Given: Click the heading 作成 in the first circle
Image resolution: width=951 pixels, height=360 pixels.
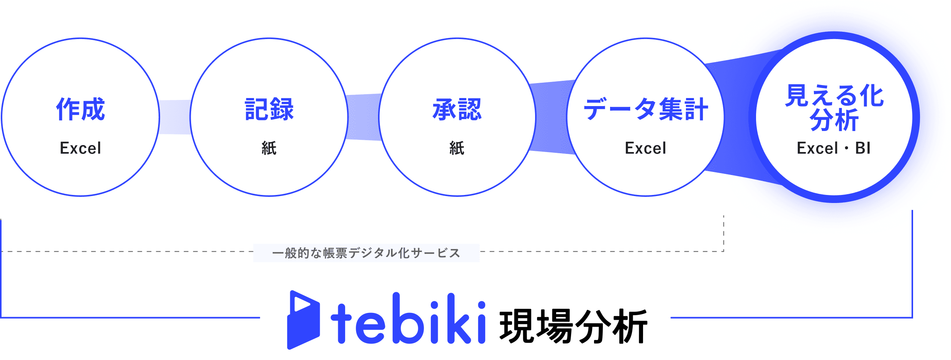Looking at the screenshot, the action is pyautogui.click(x=80, y=109).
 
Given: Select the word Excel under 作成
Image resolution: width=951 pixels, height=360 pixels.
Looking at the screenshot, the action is pyautogui.click(x=80, y=148).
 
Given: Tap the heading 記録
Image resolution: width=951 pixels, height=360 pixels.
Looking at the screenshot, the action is pyautogui.click(x=269, y=109).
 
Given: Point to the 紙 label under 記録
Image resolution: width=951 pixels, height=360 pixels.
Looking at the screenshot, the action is pyautogui.click(x=269, y=148).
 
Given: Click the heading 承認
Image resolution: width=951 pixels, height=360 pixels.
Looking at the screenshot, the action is pyautogui.click(x=457, y=109).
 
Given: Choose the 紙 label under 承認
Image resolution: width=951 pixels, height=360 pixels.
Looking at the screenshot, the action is pyautogui.click(x=457, y=148).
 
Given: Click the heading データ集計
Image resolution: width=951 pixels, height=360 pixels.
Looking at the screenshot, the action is pyautogui.click(x=646, y=109).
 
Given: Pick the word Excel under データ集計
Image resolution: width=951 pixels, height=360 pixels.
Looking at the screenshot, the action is pyautogui.click(x=646, y=148).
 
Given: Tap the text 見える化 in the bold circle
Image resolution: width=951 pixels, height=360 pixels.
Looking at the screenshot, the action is pyautogui.click(x=835, y=95).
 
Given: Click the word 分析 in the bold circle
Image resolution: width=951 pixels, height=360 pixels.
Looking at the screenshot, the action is pyautogui.click(x=834, y=120).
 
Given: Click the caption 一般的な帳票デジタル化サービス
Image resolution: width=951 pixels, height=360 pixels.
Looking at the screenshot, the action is pyautogui.click(x=366, y=253).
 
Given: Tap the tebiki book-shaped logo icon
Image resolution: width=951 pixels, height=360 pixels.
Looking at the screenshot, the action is pyautogui.click(x=303, y=320).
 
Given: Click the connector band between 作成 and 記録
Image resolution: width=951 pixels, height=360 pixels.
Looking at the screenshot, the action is pyautogui.click(x=175, y=117).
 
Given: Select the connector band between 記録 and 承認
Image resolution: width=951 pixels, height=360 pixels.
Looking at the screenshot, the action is pyautogui.click(x=363, y=117).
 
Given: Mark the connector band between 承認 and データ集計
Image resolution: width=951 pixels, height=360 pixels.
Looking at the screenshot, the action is pyautogui.click(x=552, y=117).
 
